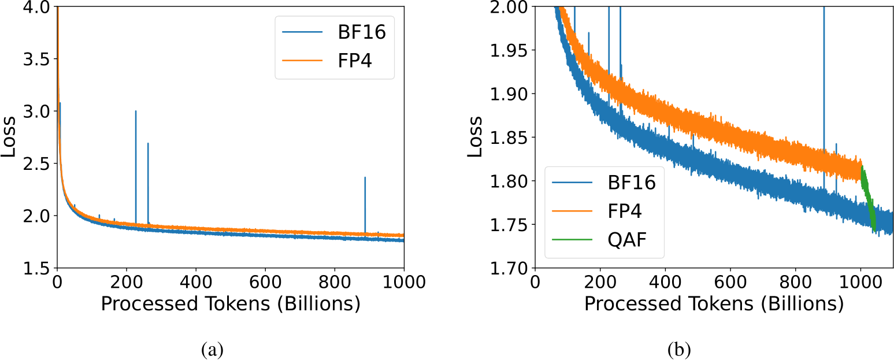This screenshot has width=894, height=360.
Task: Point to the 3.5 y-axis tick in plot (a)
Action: pos(38,59)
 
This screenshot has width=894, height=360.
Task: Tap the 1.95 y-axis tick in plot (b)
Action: pos(508,51)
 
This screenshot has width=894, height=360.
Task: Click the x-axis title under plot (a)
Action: pos(231,304)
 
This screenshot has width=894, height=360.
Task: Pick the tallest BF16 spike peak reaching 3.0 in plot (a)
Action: pos(136,112)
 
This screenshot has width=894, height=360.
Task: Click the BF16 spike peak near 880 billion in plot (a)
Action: pos(365,178)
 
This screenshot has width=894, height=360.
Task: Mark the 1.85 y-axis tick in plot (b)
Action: pos(508,138)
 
